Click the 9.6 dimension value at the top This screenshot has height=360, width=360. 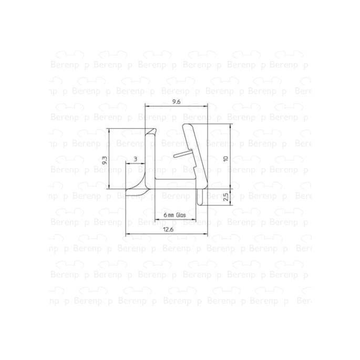click(177, 102)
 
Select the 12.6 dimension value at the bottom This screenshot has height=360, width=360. click(168, 230)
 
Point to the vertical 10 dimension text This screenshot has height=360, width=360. click(225, 158)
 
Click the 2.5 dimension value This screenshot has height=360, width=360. click(225, 197)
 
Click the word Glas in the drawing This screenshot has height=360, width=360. click(182, 215)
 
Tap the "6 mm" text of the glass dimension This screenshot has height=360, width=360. click(168, 215)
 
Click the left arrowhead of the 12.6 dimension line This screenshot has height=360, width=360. click(127, 235)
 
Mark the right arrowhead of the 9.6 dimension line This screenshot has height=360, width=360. click(207, 107)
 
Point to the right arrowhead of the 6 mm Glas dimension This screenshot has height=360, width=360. click(194, 219)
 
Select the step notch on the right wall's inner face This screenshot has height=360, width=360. click(197, 169)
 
